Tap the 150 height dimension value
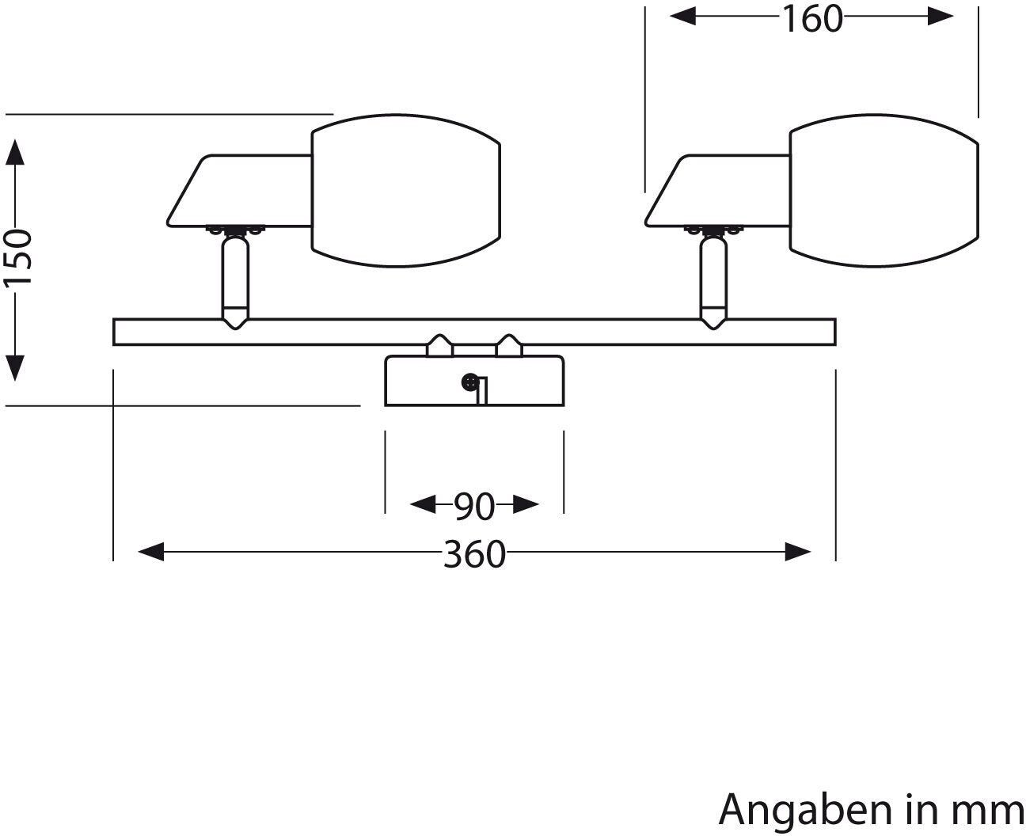tap(17, 258)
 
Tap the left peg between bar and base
tap(439, 345)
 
